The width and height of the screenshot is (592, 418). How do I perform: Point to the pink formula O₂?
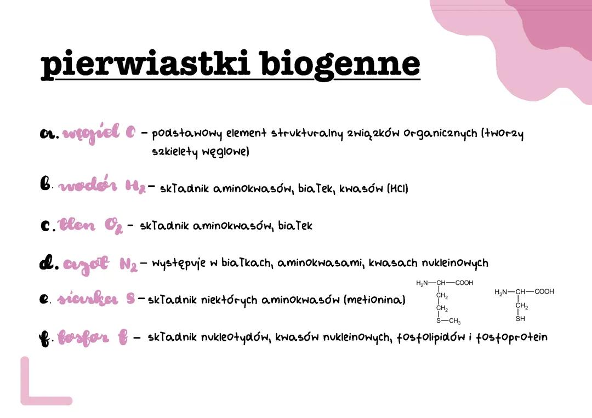click(x=112, y=225)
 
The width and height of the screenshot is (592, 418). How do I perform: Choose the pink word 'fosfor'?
click(x=85, y=337)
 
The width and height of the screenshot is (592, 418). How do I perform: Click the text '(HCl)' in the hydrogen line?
click(x=397, y=188)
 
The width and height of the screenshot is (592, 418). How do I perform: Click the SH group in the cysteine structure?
click(x=520, y=318)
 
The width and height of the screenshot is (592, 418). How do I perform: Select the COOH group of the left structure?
click(x=463, y=283)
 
